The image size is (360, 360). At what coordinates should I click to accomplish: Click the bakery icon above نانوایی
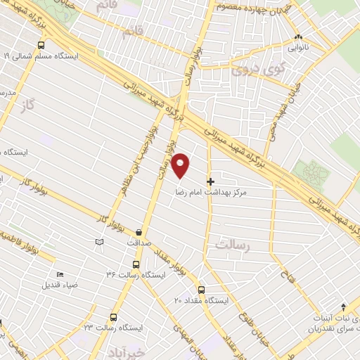pos(299,37)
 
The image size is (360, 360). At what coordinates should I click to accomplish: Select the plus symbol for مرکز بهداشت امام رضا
pos(210,181)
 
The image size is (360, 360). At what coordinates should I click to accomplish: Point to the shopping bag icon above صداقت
pos(139,233)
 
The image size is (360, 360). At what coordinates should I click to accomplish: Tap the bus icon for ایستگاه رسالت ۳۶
pos(136,264)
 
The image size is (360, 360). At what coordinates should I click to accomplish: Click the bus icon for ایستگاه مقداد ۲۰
pos(202,289)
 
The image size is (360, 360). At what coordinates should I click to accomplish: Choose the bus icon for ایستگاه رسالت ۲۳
pos(111,317)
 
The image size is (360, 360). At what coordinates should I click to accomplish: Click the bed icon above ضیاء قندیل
pos(60,275)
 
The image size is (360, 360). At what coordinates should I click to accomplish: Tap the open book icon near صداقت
pos(99,242)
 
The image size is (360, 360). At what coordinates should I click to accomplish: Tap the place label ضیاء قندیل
pos(60,285)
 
